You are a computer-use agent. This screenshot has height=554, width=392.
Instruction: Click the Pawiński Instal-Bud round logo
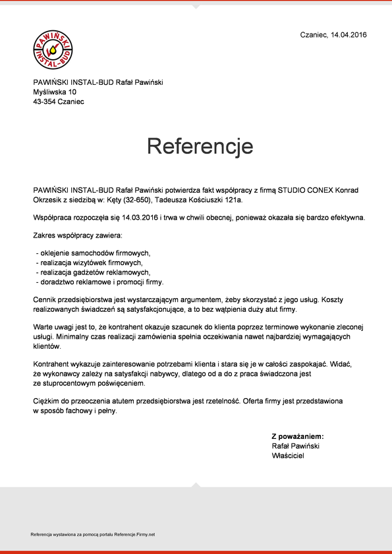[x=53, y=50]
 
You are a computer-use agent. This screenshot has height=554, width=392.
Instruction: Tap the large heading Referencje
[x=200, y=145]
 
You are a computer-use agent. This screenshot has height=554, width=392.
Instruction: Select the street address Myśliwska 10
[x=55, y=92]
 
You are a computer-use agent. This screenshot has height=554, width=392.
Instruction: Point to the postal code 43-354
[x=44, y=102]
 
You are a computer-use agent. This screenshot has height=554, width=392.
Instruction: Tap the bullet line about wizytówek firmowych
[x=92, y=263]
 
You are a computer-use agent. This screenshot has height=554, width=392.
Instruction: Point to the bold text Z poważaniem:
[x=298, y=436]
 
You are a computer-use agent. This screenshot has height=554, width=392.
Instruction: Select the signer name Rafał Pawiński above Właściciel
[x=296, y=446]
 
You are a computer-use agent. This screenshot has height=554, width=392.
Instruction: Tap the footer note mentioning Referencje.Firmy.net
[x=92, y=534]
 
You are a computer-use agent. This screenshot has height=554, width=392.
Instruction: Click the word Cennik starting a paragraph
[x=45, y=299]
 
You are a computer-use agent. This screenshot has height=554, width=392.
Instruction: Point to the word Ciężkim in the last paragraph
[x=46, y=400]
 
